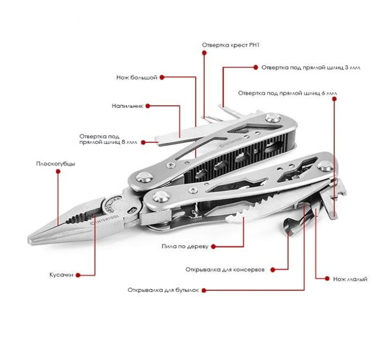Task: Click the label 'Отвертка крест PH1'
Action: (x=231, y=45)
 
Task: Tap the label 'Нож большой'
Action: (x=137, y=78)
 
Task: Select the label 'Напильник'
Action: (x=127, y=106)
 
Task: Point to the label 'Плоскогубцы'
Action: (x=55, y=164)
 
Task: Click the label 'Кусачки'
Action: (x=61, y=275)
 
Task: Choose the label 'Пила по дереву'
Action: (x=185, y=246)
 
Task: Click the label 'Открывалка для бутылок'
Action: (x=163, y=290)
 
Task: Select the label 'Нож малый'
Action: (x=350, y=279)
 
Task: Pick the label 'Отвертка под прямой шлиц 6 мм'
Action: (x=288, y=93)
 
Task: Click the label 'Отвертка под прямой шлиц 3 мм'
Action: (x=311, y=67)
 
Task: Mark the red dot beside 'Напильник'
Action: (x=148, y=106)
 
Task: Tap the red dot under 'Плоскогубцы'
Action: (x=58, y=171)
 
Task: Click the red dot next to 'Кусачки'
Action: (x=78, y=275)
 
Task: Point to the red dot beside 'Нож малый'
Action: (x=327, y=279)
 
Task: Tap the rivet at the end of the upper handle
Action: (x=272, y=118)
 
